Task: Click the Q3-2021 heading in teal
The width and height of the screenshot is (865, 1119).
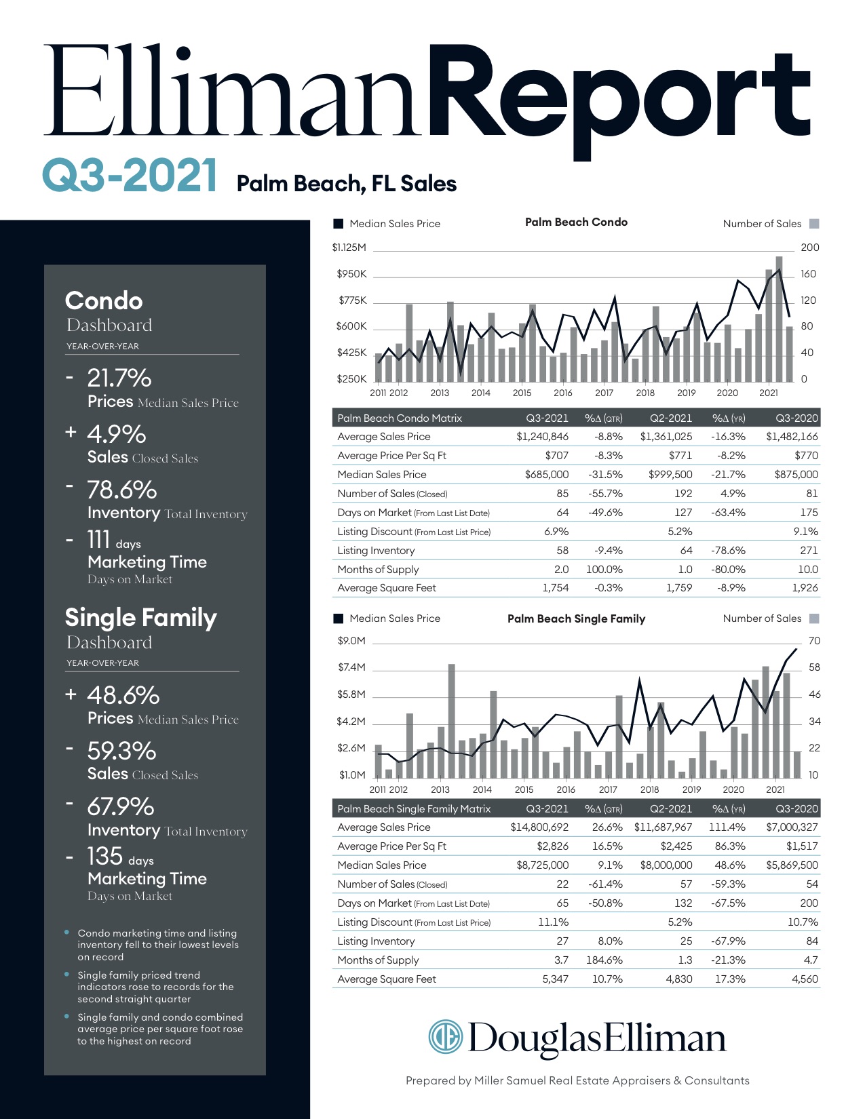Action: click(130, 176)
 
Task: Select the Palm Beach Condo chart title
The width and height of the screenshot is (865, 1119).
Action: click(576, 222)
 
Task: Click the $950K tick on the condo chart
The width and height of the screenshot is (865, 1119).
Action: click(351, 274)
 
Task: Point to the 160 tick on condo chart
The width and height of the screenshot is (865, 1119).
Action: click(808, 274)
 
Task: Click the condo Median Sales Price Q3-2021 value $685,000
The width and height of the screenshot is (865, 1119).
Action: click(546, 475)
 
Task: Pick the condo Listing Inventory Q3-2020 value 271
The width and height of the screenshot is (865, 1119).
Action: click(809, 551)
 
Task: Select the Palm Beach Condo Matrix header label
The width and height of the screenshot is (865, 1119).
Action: click(400, 418)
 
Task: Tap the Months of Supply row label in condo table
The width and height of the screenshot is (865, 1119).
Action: click(378, 570)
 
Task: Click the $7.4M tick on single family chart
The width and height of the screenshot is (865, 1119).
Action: click(351, 667)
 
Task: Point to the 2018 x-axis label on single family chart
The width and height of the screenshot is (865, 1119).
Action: click(649, 789)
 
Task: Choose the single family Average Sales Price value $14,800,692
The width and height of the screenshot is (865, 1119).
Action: click(539, 827)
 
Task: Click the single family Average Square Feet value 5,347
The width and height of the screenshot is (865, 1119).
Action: click(555, 979)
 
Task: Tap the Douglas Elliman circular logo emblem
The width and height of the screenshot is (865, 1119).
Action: click(445, 1037)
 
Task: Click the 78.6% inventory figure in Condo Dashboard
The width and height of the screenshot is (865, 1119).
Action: click(121, 490)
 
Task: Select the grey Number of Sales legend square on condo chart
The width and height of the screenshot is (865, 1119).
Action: click(815, 224)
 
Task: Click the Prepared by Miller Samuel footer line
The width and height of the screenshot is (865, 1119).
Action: click(577, 1080)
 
